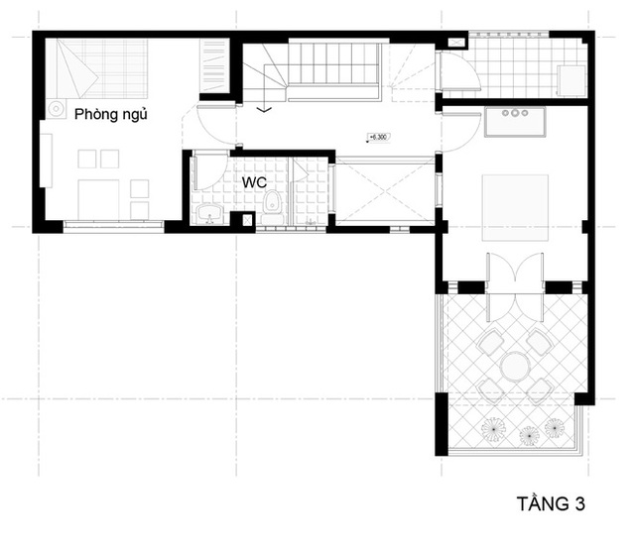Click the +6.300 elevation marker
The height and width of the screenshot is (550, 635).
point(377,138)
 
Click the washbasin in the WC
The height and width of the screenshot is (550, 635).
point(209,214)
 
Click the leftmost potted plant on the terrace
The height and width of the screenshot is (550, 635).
point(493,429)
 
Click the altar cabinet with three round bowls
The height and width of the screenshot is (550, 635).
point(514,120)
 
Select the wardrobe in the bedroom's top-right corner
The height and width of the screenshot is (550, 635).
point(211,66)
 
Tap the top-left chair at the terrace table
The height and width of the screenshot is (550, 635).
point(490,343)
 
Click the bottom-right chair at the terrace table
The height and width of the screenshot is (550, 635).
point(540,387)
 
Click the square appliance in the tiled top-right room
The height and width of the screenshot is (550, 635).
point(571,78)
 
